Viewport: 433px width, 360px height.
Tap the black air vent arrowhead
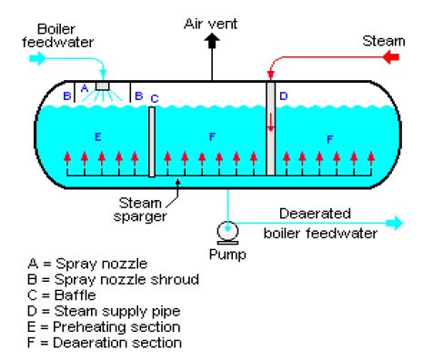click(x=212, y=41)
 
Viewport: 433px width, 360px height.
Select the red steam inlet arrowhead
click(x=391, y=56)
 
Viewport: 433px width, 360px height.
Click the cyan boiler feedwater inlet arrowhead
click(x=37, y=58)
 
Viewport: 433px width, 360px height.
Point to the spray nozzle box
click(x=102, y=86)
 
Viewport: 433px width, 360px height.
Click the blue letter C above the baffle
click(x=155, y=99)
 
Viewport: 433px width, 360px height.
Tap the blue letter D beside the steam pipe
click(x=283, y=96)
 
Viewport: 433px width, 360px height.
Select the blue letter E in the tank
click(x=97, y=137)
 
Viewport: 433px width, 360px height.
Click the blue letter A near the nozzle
click(x=85, y=88)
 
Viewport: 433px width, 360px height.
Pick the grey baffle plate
click(x=152, y=142)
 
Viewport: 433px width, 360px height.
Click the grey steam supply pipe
click(x=271, y=128)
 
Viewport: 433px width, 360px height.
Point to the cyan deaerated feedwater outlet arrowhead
click(x=397, y=223)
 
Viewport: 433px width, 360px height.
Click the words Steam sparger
click(x=140, y=210)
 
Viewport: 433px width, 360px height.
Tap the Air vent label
click(x=210, y=24)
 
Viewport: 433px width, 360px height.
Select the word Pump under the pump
click(x=227, y=254)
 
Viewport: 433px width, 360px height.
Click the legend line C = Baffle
click(x=62, y=295)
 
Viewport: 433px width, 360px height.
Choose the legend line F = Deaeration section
click(x=105, y=343)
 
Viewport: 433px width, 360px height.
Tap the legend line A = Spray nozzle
click(x=87, y=264)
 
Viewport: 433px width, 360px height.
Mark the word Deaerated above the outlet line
click(x=315, y=214)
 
